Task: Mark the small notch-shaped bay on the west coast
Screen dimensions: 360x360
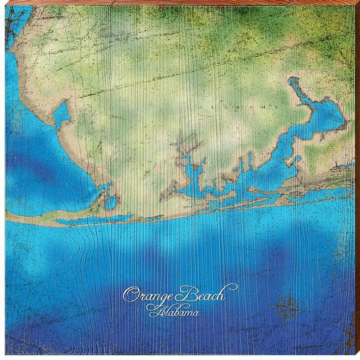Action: pos(63,114)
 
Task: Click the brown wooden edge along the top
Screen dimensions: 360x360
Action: pos(180,2)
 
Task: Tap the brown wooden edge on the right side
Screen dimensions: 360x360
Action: pos(357,180)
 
